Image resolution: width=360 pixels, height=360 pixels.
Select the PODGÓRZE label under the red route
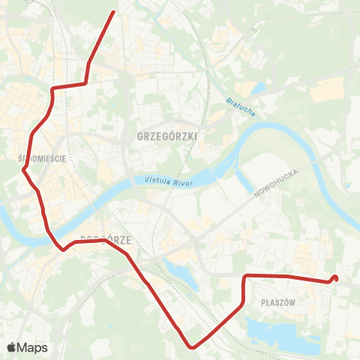105,240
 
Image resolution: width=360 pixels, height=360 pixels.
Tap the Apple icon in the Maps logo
12,347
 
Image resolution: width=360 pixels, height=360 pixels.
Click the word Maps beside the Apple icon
33,347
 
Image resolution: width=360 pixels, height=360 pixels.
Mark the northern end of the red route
113,12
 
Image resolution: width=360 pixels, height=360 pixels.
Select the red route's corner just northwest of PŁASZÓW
245,277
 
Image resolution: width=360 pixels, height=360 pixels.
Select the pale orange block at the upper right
328,91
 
